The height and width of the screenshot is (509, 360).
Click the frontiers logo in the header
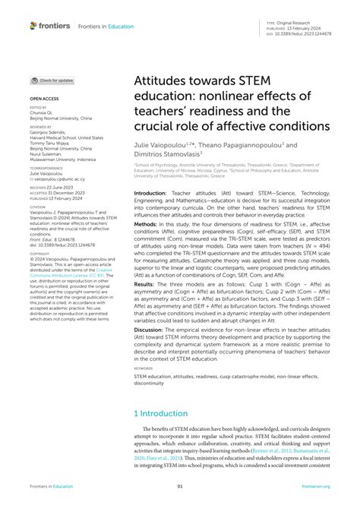point(50,26)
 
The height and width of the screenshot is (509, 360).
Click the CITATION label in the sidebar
point(39,205)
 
